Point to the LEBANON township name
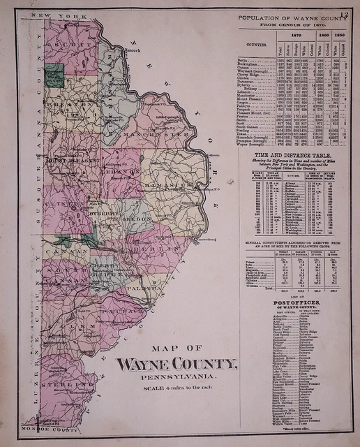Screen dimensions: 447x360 pyautogui.click(x=123, y=170)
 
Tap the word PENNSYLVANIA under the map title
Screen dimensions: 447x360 pyautogui.click(x=177, y=377)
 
